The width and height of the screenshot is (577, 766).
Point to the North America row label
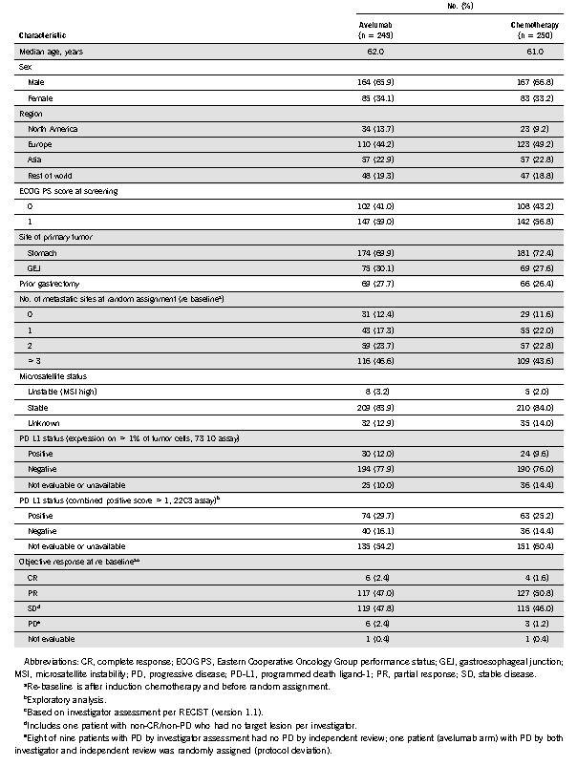click(55, 129)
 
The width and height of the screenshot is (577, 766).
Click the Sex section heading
click(26, 68)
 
